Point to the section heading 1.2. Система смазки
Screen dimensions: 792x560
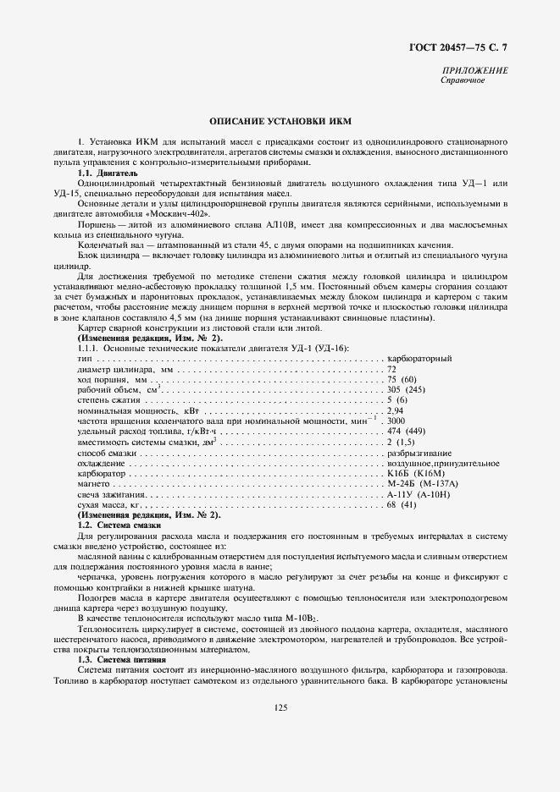coord(119,525)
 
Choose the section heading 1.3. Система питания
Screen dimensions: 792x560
coord(120,658)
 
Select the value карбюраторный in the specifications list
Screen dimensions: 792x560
coord(419,359)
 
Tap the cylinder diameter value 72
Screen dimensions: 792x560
coord(391,370)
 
